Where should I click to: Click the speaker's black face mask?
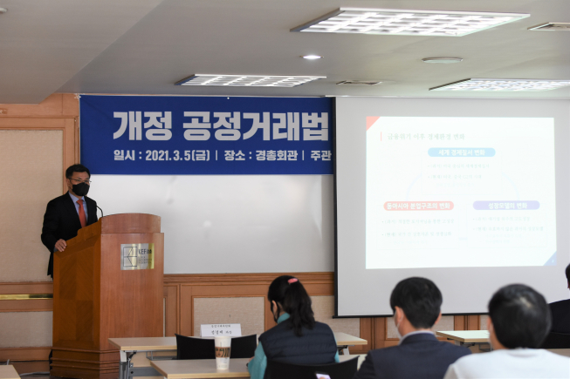tap(80, 188)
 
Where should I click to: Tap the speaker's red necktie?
tap(82, 212)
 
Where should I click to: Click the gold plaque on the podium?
tap(137, 256)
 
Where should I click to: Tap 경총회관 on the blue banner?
tap(273, 156)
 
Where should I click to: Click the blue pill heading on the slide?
tap(461, 152)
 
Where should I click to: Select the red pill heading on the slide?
tap(418, 206)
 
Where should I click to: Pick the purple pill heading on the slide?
tap(506, 206)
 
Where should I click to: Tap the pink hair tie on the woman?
tap(292, 281)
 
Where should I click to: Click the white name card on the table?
tap(221, 331)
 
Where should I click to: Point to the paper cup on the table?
tap(223, 351)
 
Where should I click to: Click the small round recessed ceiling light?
tap(312, 58)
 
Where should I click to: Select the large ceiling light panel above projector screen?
tap(410, 22)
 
